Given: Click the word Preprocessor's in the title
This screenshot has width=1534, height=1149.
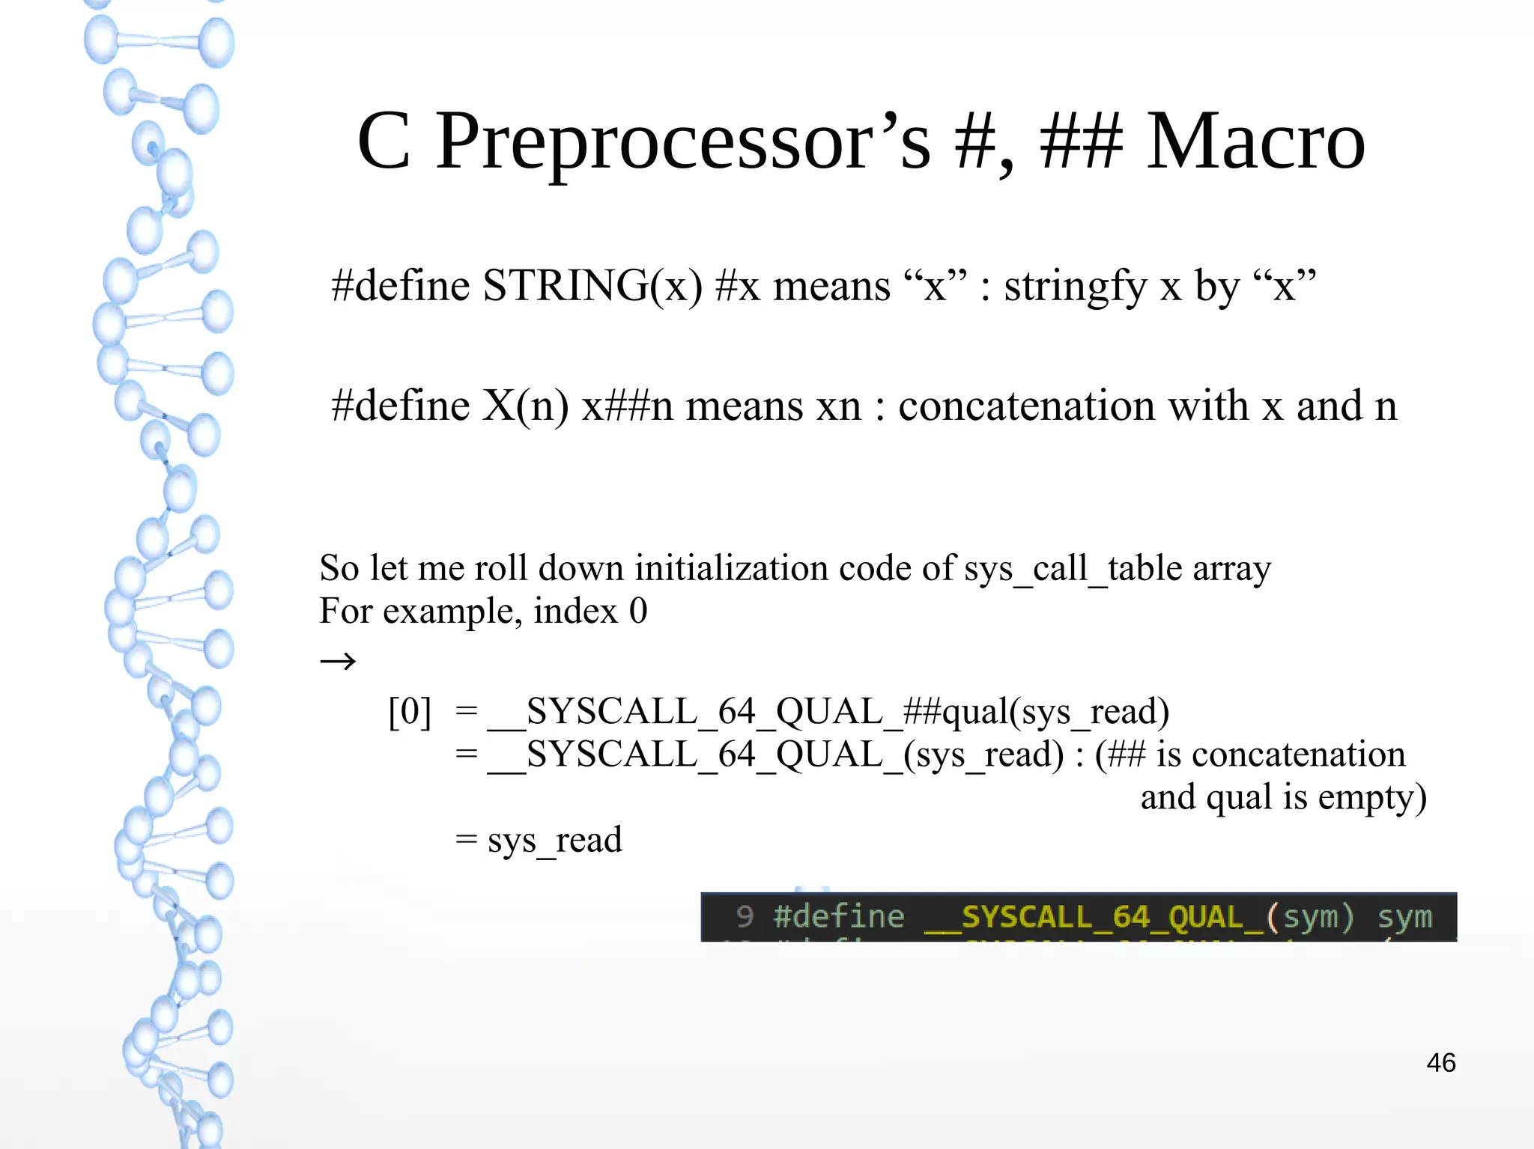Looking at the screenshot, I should point(683,142).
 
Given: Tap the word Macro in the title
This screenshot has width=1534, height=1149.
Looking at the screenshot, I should point(1255,142).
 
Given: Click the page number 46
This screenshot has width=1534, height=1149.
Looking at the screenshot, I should point(1440,1062).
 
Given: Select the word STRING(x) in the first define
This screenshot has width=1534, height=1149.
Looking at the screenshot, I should point(592,286).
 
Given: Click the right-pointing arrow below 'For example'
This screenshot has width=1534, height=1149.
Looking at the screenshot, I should point(338,661).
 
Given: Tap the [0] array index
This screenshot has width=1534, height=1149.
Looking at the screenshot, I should point(410,712).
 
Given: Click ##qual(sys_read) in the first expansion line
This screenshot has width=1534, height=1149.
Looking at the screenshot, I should point(1036,712).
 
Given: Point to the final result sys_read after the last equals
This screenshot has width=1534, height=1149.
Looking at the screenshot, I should point(554,840).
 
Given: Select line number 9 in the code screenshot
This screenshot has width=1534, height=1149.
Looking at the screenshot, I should point(744,916).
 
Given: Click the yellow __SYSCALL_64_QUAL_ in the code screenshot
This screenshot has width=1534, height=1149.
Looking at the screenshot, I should point(1094,917).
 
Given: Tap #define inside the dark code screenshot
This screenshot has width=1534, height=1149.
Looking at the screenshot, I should point(839,916).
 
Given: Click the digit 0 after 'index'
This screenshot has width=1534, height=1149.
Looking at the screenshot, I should point(638,612).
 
